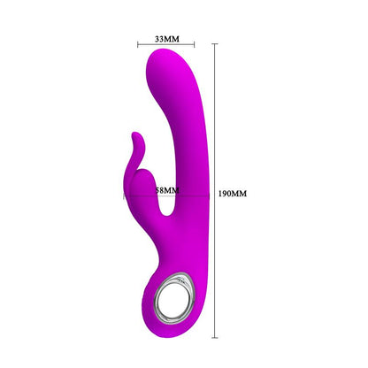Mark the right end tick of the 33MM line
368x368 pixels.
coord(192,47)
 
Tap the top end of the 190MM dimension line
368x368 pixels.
coord(214,42)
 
